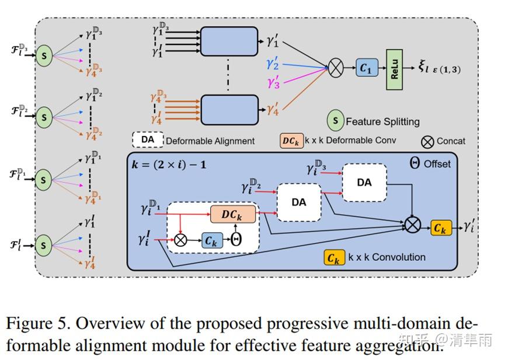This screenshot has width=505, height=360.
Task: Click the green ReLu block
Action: (x=395, y=69)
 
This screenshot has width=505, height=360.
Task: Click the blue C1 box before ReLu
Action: (x=365, y=69)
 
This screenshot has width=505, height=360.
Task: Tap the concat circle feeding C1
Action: (x=335, y=69)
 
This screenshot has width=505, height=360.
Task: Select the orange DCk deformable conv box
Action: (x=232, y=214)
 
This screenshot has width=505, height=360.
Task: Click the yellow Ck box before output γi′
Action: (x=441, y=229)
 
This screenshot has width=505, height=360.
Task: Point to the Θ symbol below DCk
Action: (x=236, y=240)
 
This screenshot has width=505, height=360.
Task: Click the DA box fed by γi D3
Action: (x=364, y=183)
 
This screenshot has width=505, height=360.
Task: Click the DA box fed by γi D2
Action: (x=299, y=202)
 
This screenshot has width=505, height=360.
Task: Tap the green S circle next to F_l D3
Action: (x=43, y=56)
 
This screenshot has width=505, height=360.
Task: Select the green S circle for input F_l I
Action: (x=43, y=246)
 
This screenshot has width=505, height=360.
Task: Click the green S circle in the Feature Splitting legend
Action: (x=335, y=121)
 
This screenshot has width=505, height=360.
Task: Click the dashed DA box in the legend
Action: (x=148, y=140)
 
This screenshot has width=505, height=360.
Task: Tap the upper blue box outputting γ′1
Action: (x=229, y=41)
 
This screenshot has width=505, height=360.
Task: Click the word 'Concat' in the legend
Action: (x=451, y=141)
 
